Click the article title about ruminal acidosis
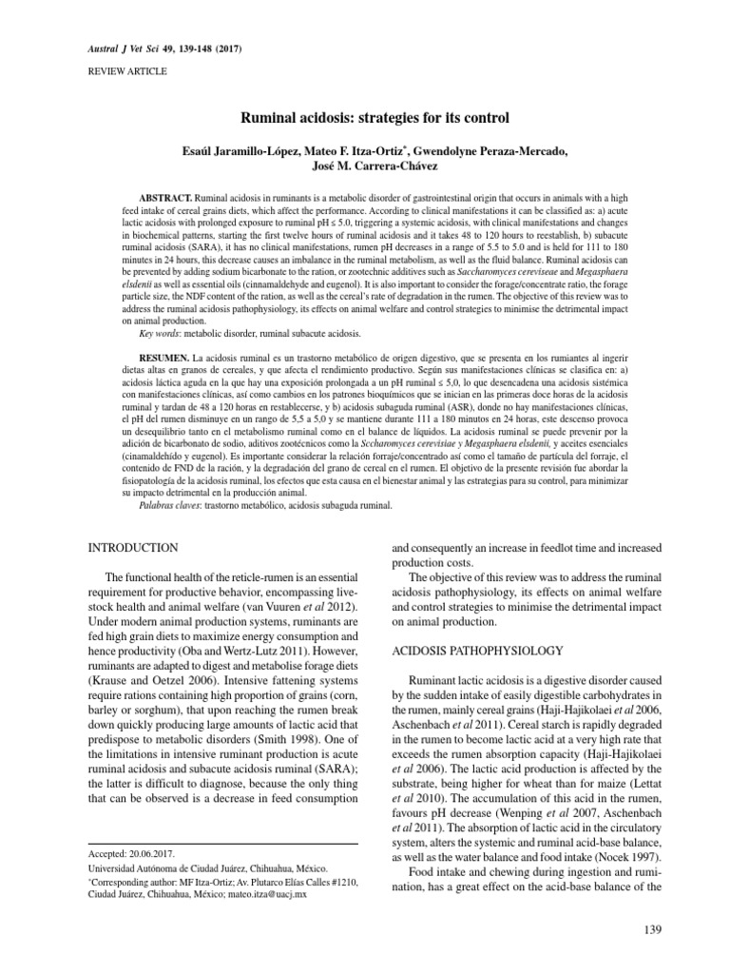[364, 118]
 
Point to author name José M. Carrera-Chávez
[365, 166]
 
